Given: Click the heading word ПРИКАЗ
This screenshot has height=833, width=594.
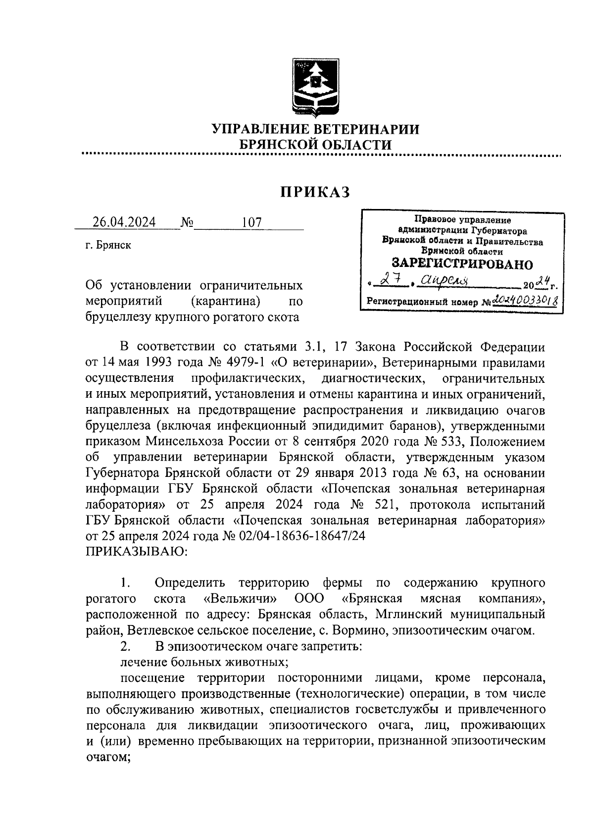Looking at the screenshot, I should pyautogui.click(x=316, y=192).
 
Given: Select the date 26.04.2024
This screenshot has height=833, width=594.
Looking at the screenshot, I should pyautogui.click(x=124, y=222).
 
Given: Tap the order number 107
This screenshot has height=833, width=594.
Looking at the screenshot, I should pyautogui.click(x=251, y=222).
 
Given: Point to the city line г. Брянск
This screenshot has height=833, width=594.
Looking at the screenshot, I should pyautogui.click(x=108, y=245).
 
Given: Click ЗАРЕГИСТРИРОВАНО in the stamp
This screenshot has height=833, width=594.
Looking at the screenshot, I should pyautogui.click(x=462, y=263).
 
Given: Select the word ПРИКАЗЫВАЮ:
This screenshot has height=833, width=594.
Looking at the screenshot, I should pyautogui.click(x=137, y=551).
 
